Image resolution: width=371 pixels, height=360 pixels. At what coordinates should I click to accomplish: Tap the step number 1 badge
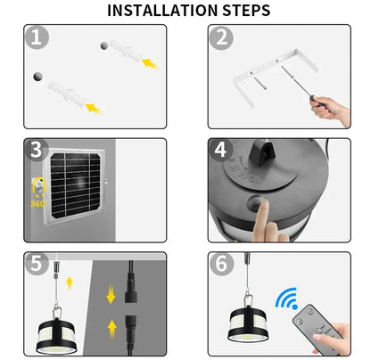36,37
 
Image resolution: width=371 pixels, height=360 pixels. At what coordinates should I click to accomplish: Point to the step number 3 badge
36,151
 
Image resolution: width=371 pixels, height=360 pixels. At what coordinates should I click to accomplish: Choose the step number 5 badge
36,264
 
